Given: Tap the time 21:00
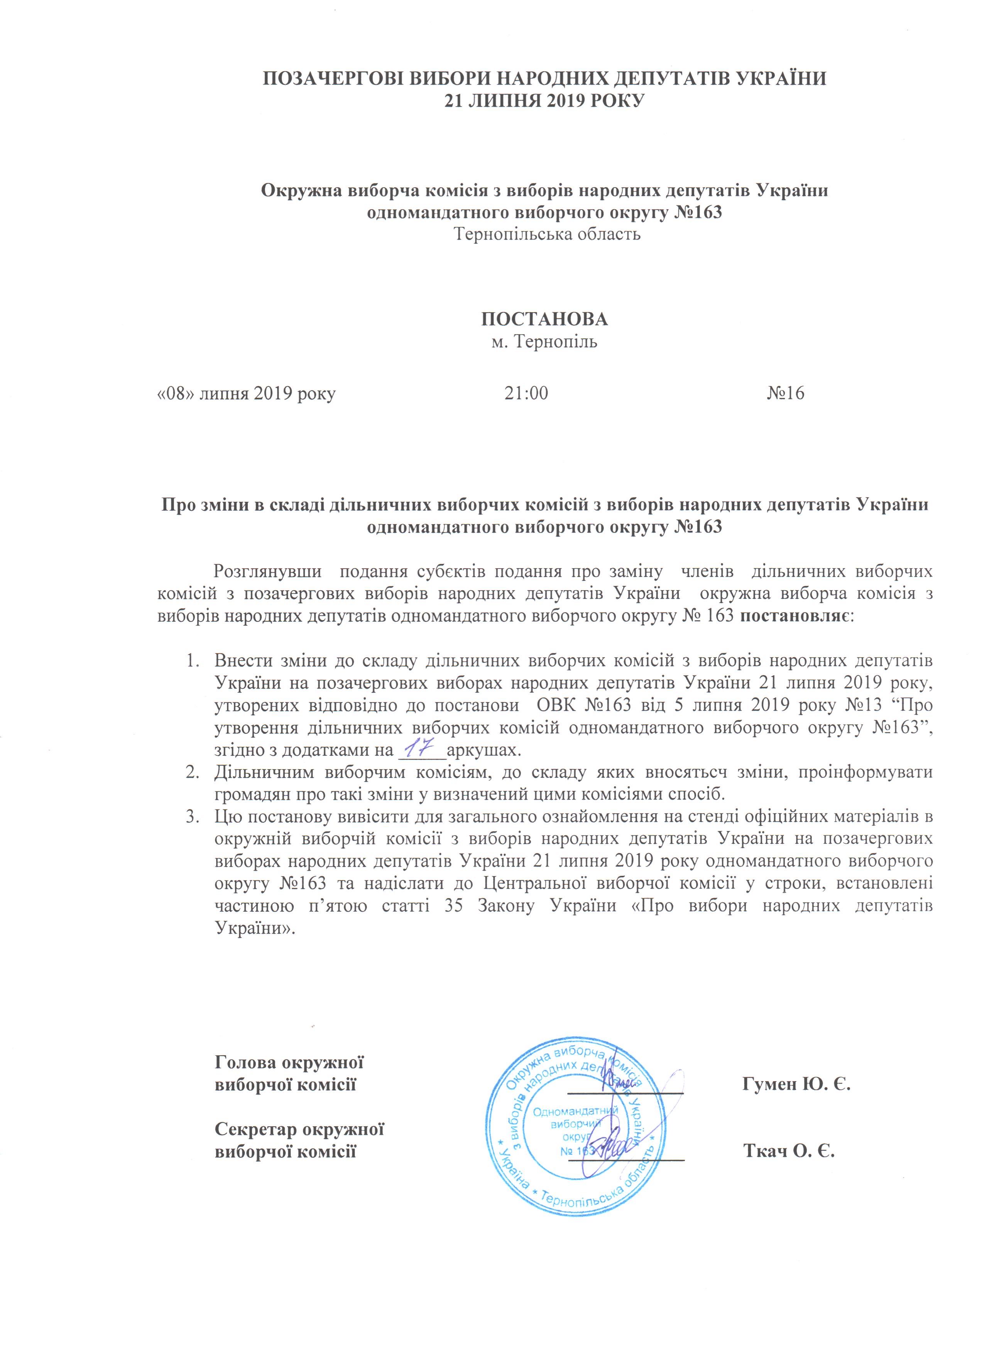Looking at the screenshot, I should coord(526,393).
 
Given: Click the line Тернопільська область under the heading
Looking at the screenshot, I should coord(547,234).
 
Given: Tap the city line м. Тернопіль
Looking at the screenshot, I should coord(544,342).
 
